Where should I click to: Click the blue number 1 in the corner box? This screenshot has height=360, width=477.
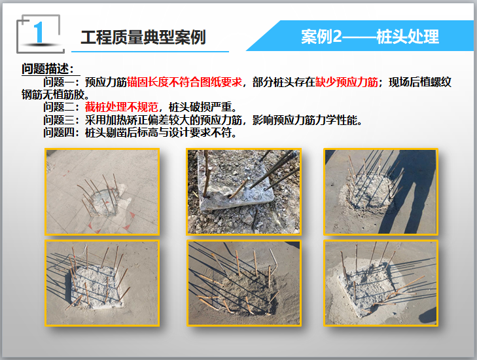[x=39, y=32]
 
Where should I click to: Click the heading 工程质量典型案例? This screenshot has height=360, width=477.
[x=143, y=37]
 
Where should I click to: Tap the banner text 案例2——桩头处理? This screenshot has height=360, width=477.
[x=370, y=37]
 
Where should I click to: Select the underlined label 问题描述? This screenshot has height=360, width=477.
[x=48, y=69]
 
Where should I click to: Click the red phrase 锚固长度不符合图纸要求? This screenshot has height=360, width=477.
[x=185, y=82]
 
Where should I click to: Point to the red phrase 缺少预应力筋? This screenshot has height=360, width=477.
[x=347, y=82]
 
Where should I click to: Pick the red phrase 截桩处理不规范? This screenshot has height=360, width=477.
[x=122, y=107]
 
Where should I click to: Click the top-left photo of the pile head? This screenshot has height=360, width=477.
[x=102, y=192]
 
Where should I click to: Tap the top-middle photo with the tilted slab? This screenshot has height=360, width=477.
[x=243, y=192]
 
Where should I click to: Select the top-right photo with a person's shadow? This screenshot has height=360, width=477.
[x=381, y=192]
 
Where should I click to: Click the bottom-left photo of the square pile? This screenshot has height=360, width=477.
[x=102, y=283]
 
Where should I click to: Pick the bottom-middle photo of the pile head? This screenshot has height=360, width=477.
[x=243, y=283]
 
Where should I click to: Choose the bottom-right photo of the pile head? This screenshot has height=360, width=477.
[x=381, y=283]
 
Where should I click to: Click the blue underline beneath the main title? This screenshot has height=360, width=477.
[x=150, y=52]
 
